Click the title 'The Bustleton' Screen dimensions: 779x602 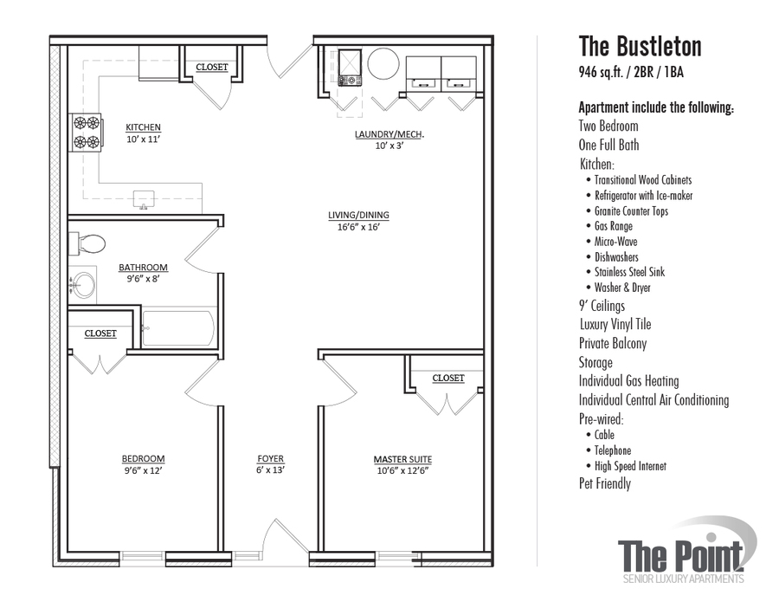click(640, 46)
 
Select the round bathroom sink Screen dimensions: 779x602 click(84, 284)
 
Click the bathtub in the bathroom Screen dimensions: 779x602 click(177, 329)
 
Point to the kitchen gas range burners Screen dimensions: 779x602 click(87, 133)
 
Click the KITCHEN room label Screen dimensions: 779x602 click(143, 126)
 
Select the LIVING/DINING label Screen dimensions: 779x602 click(358, 216)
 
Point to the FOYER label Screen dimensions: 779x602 click(270, 459)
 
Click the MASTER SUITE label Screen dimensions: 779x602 click(402, 459)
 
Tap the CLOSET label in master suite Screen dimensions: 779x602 click(447, 379)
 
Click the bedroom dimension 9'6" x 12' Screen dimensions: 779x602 click(143, 471)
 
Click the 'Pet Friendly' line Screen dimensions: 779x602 click(605, 484)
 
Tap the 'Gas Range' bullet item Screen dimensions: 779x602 click(613, 226)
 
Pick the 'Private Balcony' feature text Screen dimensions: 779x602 click(613, 344)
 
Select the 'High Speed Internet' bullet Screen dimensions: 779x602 click(630, 466)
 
